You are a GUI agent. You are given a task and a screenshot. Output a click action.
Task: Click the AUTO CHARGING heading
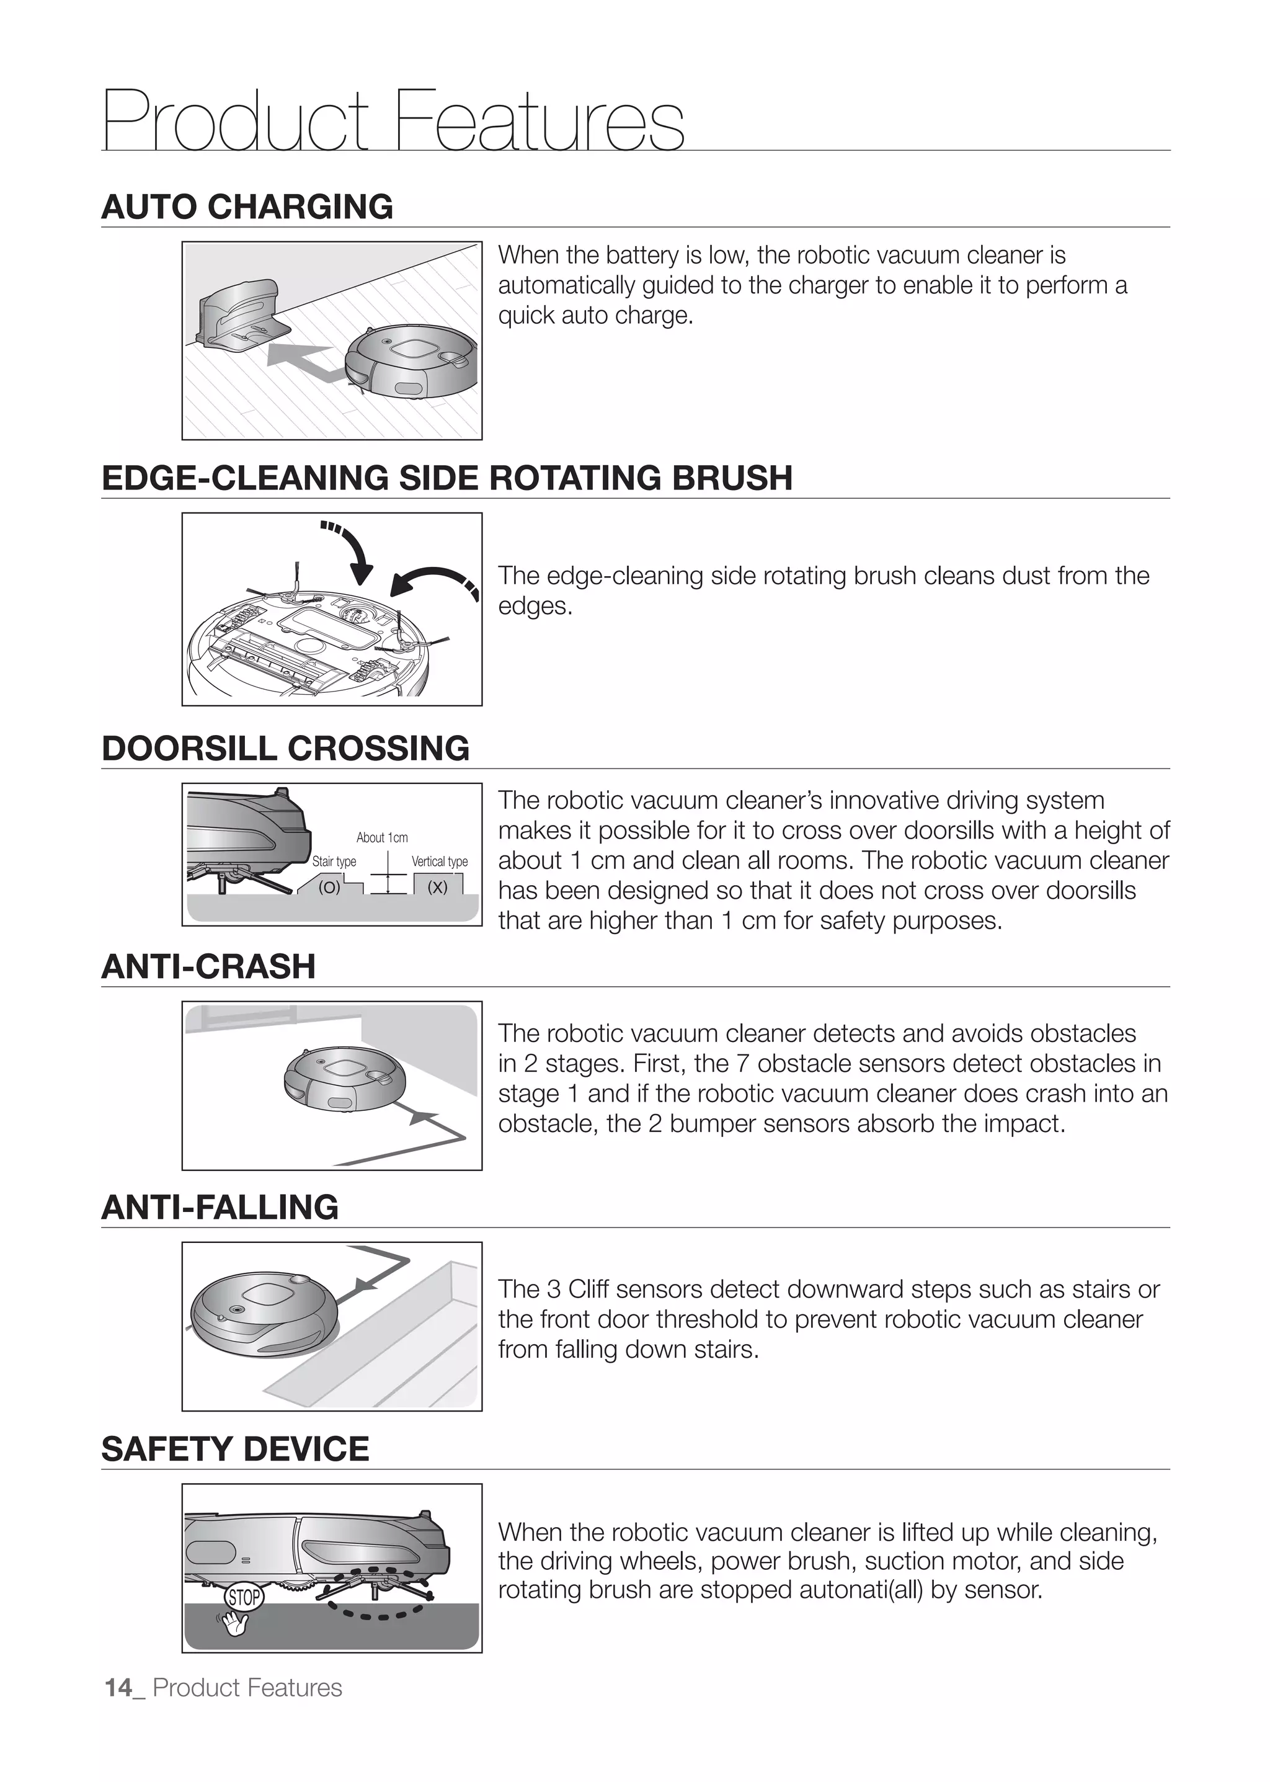(x=247, y=207)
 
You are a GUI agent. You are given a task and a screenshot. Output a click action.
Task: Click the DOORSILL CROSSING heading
(x=285, y=748)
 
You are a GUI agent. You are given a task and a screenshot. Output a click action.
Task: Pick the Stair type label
(x=334, y=862)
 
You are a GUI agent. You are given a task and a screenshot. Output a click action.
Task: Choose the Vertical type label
(x=440, y=862)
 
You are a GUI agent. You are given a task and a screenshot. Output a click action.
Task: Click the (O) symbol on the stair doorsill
(x=329, y=887)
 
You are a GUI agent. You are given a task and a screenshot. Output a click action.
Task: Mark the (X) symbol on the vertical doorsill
(x=438, y=887)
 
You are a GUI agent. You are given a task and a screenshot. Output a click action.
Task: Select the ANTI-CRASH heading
(x=208, y=966)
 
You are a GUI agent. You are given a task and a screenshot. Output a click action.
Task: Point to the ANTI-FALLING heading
(x=220, y=1207)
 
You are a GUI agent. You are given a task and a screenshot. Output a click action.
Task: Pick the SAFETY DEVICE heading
(x=234, y=1449)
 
